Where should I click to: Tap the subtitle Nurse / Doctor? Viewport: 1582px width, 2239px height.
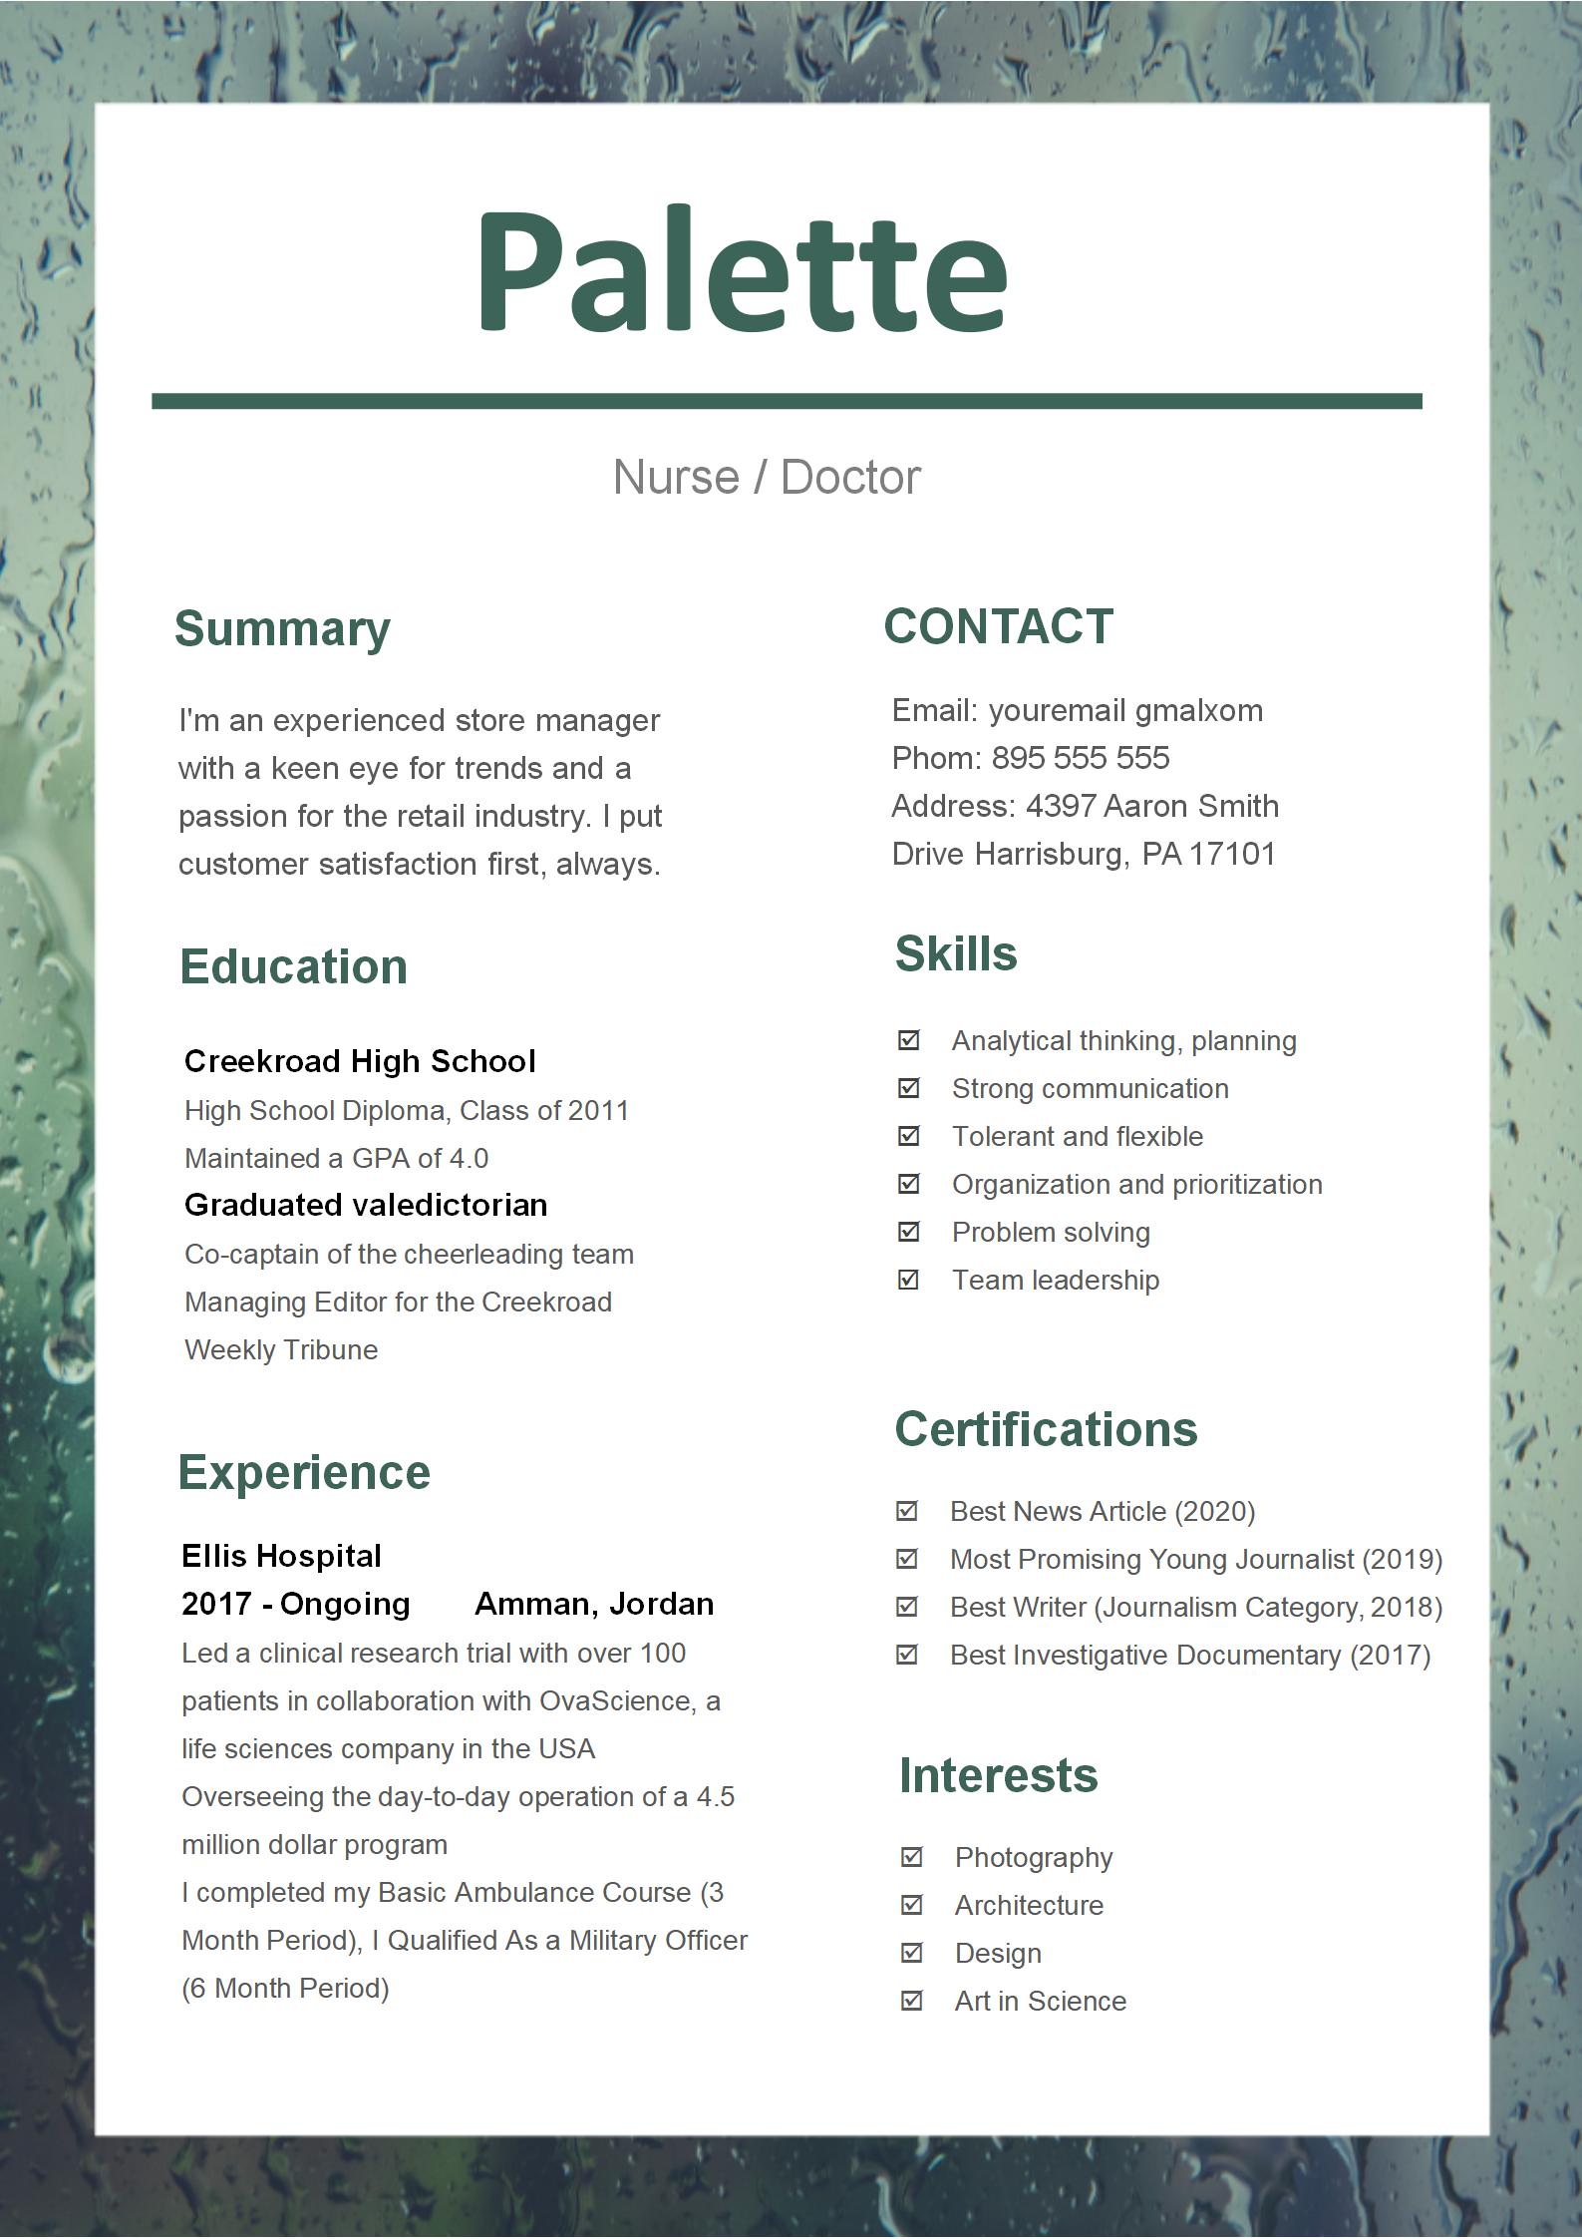[x=766, y=477]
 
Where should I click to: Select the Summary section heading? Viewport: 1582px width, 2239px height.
[x=282, y=629]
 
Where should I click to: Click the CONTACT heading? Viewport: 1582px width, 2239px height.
[x=998, y=627]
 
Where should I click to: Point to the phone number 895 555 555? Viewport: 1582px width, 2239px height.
[x=1080, y=758]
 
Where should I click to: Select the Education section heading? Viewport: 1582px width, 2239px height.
[x=293, y=966]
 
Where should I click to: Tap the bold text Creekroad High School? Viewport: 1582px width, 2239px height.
[x=360, y=1061]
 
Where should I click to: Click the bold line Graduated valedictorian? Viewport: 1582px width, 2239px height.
[x=366, y=1205]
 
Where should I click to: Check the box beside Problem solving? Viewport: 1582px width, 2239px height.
[x=908, y=1232]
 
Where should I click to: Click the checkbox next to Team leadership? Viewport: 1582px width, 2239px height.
[x=908, y=1280]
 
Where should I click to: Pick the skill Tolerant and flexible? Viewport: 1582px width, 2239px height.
[x=1077, y=1136]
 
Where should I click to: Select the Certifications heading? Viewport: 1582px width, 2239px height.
[x=1046, y=1429]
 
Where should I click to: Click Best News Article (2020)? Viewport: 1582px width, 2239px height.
[x=1102, y=1511]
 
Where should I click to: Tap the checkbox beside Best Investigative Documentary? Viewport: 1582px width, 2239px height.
[x=907, y=1655]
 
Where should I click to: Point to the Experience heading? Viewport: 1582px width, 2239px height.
[x=304, y=1472]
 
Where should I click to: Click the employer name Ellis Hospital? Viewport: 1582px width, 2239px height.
[x=281, y=1556]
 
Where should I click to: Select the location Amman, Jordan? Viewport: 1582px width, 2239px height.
[x=594, y=1604]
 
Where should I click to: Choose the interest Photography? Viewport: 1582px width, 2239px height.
[x=1033, y=1857]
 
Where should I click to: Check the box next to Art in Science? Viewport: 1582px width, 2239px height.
[x=911, y=2001]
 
